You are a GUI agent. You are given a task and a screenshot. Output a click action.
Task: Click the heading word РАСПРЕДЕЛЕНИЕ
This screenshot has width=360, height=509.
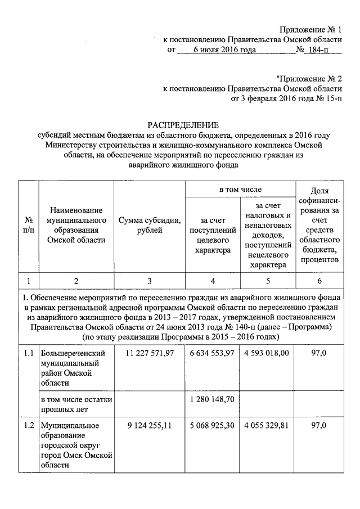click(182, 125)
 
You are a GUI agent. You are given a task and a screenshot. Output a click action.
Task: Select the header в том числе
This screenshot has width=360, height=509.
click(240, 190)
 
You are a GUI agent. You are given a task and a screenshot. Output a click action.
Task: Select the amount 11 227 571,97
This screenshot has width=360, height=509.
click(149, 353)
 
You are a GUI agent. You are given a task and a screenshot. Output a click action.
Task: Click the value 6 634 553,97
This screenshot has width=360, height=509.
click(213, 353)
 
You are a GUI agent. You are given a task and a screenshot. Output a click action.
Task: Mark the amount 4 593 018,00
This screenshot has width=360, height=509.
click(267, 353)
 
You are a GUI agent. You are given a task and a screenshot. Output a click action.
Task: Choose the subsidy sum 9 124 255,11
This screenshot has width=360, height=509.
click(149, 425)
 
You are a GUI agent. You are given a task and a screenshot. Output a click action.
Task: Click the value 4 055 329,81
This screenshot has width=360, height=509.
click(267, 425)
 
